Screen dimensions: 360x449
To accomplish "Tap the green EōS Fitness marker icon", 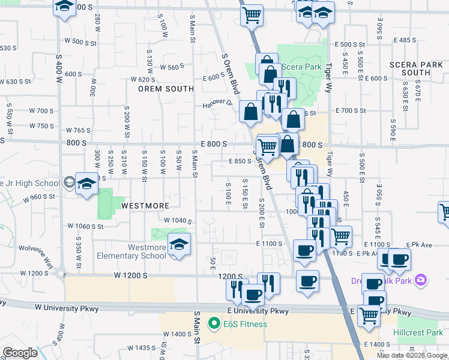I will click(x=212, y=325).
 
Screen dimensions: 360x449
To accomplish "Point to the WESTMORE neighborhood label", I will click(x=145, y=205).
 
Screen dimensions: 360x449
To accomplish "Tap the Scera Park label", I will click(x=306, y=67).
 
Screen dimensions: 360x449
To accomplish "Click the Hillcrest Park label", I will click(x=418, y=332).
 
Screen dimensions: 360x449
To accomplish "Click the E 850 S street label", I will click(x=240, y=161).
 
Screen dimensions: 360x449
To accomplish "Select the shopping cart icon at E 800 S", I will click(x=267, y=146).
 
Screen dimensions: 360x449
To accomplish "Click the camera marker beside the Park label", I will click(x=422, y=280).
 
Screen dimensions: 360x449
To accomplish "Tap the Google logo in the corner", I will click(x=20, y=353).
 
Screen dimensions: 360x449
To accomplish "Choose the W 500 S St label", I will click(x=80, y=42).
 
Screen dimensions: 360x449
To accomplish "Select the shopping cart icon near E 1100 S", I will click(x=341, y=236).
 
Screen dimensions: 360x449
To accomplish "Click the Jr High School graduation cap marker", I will click(x=87, y=184).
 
